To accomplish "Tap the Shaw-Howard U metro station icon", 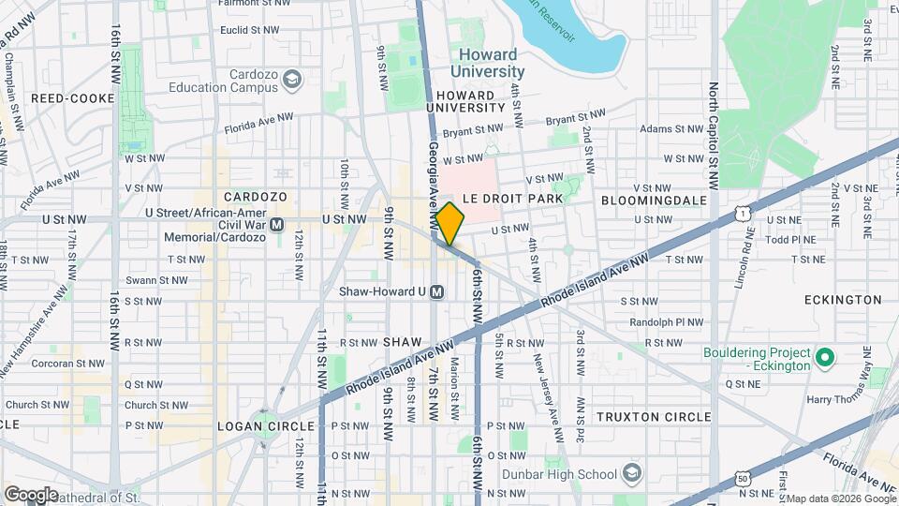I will click(437, 292).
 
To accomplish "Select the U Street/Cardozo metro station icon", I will click(276, 225).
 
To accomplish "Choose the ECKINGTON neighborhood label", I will click(843, 300).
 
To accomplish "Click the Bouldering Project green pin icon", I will click(825, 358).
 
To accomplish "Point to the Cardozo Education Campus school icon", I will click(293, 80).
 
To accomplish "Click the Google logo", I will click(31, 495).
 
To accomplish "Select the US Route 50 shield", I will click(743, 478).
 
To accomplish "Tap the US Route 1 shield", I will click(742, 215).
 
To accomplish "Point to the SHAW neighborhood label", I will click(405, 343).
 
